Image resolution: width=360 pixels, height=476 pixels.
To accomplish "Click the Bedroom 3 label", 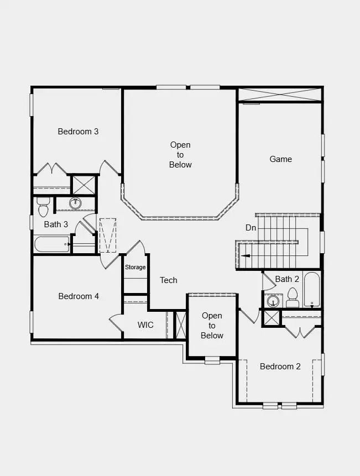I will [x=78, y=132].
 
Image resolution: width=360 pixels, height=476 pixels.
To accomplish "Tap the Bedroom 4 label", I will [x=79, y=296].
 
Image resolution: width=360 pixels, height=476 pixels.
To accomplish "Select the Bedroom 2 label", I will [x=280, y=367].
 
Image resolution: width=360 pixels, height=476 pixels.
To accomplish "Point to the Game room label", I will [x=280, y=159].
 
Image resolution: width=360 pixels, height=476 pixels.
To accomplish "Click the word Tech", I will [x=169, y=280].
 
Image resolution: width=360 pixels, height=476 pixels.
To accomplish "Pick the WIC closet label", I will [x=145, y=325].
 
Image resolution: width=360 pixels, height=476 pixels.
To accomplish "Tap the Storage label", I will [x=135, y=268].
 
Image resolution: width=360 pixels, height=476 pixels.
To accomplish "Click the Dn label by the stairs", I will [x=251, y=228].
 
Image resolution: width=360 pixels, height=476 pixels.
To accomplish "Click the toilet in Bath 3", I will [x=43, y=208].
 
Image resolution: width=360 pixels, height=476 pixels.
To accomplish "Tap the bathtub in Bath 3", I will [x=51, y=244].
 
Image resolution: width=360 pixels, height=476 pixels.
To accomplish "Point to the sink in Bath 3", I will [x=76, y=204].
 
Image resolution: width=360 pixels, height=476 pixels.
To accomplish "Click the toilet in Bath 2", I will [x=293, y=298].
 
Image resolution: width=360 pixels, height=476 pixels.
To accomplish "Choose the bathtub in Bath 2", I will [x=312, y=289].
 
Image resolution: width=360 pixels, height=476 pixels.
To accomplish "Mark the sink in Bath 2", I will [x=272, y=301].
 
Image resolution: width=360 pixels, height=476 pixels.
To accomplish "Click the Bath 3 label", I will [x=56, y=224].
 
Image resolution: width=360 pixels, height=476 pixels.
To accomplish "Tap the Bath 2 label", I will [x=287, y=279].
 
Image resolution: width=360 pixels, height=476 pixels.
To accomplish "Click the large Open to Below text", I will [x=180, y=155].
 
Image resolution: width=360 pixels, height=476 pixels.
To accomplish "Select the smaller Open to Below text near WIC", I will [x=212, y=326].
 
